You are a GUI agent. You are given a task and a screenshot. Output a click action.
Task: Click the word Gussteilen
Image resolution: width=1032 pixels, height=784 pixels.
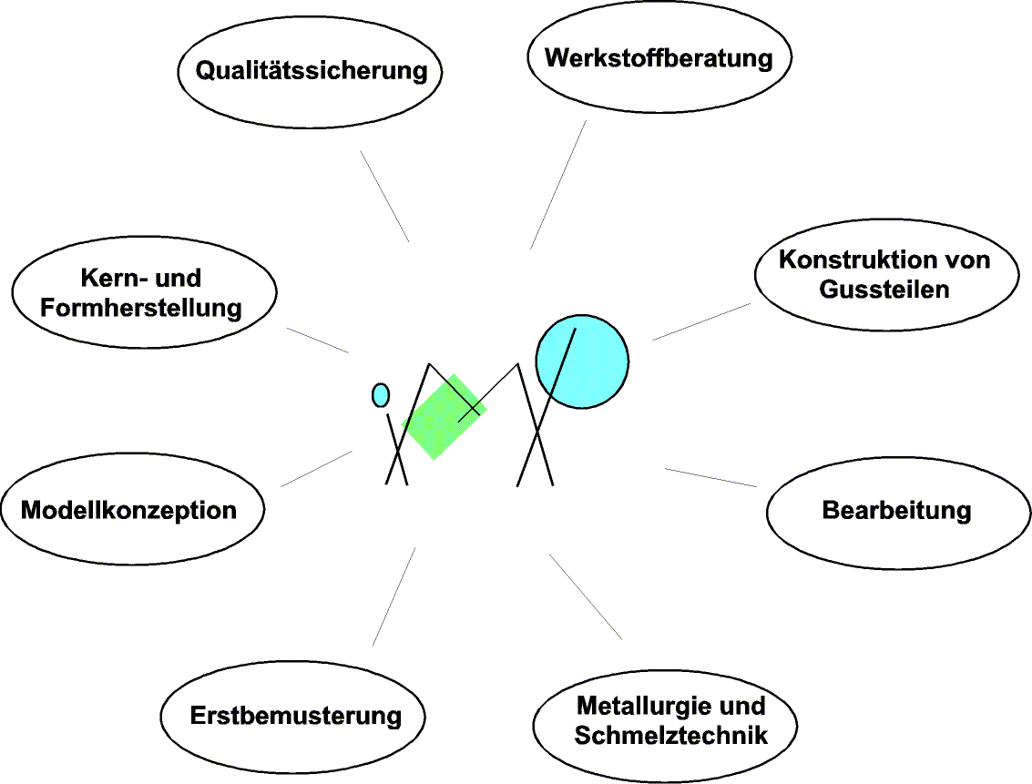[x=884, y=290]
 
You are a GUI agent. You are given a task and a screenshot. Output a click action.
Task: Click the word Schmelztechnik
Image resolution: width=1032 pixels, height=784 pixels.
[x=671, y=735]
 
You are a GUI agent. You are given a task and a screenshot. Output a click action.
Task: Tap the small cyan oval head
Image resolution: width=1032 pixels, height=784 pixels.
[x=381, y=394]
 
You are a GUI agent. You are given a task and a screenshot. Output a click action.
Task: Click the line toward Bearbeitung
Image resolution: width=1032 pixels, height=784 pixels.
[x=710, y=478]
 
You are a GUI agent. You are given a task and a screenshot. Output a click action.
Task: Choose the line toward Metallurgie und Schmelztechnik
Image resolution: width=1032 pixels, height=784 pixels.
[x=586, y=596]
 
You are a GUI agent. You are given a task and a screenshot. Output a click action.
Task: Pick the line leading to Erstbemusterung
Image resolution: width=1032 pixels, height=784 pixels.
[x=393, y=596]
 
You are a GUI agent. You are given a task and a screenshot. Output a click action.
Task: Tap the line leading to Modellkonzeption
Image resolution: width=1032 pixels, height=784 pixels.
[x=316, y=468]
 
